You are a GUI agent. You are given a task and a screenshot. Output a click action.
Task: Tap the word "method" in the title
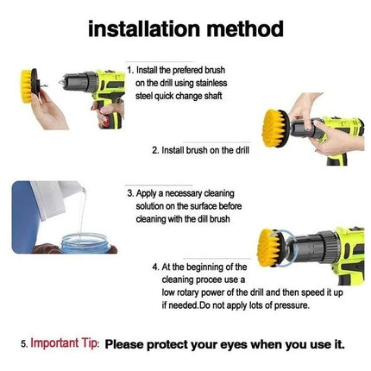coord(245,28)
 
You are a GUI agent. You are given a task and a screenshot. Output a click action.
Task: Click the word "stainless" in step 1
coord(211,83)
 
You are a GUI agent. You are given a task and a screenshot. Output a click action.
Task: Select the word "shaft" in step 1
coord(213,96)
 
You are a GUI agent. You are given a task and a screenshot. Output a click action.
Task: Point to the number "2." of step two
coord(155,150)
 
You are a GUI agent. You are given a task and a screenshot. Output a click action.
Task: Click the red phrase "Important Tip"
coord(64,343)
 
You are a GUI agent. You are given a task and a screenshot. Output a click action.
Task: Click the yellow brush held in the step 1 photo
coord(27,86)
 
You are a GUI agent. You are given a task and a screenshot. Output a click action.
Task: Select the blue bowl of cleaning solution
coord(85,243)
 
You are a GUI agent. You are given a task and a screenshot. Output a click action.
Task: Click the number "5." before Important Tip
coord(24,344)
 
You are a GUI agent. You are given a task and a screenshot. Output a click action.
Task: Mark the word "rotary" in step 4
coord(188,292)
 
